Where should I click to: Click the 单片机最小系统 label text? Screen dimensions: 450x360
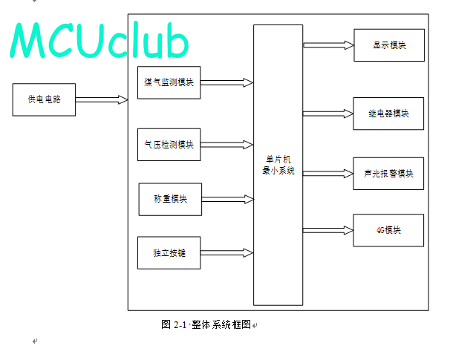pos(278,165)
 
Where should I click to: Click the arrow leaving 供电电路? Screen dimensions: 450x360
pos(102,99)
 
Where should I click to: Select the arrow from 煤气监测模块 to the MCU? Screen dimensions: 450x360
pos(226,82)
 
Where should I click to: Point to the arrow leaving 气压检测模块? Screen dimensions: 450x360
pos(226,145)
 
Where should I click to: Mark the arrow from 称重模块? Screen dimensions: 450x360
pos(228,199)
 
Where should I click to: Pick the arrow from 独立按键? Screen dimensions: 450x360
pos(226,252)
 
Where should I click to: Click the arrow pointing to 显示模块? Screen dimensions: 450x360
pos(329,45)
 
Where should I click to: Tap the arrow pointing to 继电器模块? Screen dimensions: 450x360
pos(328,114)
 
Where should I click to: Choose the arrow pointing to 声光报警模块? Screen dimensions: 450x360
pos(328,174)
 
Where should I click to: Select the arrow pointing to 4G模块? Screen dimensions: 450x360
pos(328,230)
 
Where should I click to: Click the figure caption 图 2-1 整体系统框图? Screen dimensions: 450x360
pos(206,324)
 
